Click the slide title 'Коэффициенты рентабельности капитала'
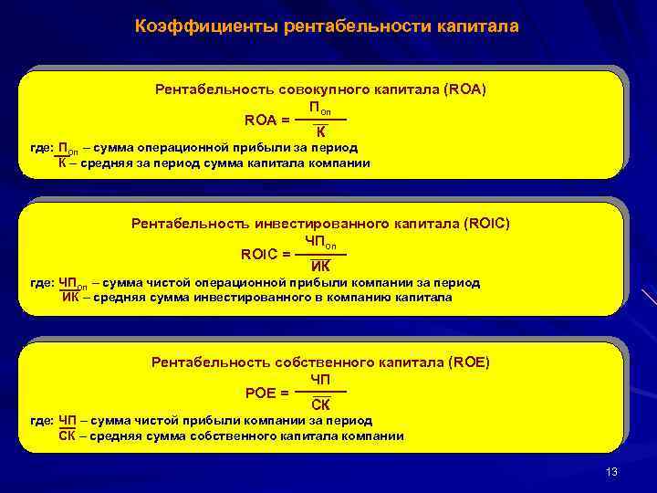pyautogui.click(x=327, y=26)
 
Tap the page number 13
pyautogui.click(x=611, y=471)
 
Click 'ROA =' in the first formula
pyautogui.click(x=268, y=120)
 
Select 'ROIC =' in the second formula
pyautogui.click(x=266, y=254)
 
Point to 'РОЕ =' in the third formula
pyautogui.click(x=267, y=392)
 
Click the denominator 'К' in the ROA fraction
pyautogui.click(x=321, y=133)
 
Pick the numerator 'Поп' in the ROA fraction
pyautogui.click(x=321, y=108)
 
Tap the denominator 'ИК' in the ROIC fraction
pyautogui.click(x=321, y=267)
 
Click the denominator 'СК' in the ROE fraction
pyautogui.click(x=321, y=404)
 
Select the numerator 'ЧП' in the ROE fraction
pyautogui.click(x=321, y=379)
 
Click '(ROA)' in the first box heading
pyautogui.click(x=464, y=89)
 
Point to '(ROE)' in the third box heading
pyautogui.click(x=469, y=362)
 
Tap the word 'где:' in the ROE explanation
pyautogui.click(x=41, y=421)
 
